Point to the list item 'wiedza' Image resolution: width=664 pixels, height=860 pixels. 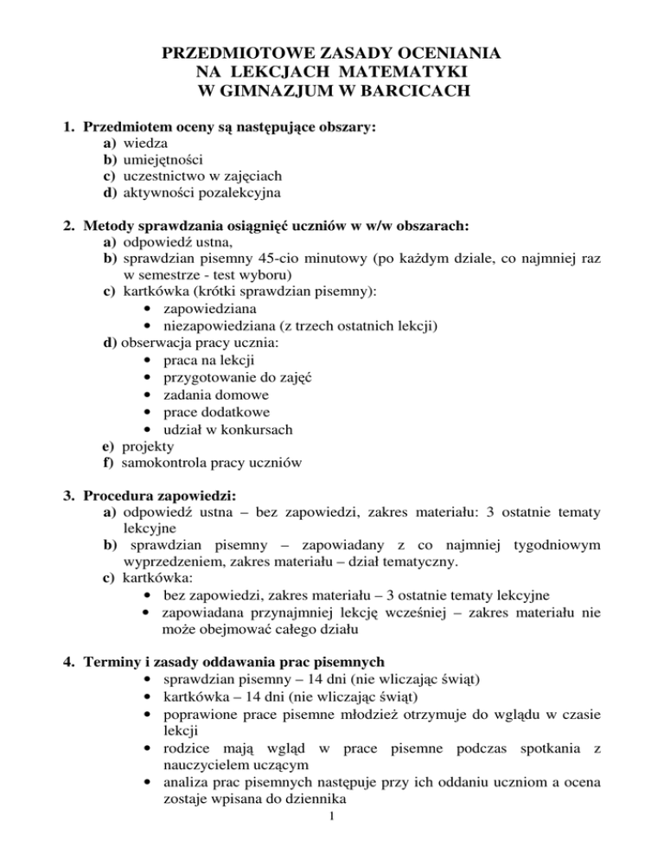[146, 143]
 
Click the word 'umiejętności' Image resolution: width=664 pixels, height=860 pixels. [163, 159]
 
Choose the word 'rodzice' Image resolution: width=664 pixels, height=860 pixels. [185, 762]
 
